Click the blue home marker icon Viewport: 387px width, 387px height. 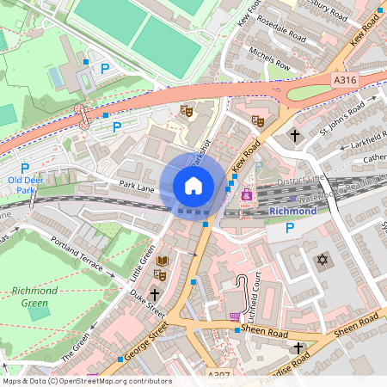point(193,185)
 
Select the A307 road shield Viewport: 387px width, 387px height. point(218,376)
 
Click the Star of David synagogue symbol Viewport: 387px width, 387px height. point(323,259)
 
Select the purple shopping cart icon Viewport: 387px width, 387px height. point(235,316)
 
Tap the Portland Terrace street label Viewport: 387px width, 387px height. point(83,256)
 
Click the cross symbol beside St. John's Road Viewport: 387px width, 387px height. point(295,136)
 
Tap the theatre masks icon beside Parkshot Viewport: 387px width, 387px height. point(187,110)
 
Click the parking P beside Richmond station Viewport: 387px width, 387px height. point(290,228)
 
